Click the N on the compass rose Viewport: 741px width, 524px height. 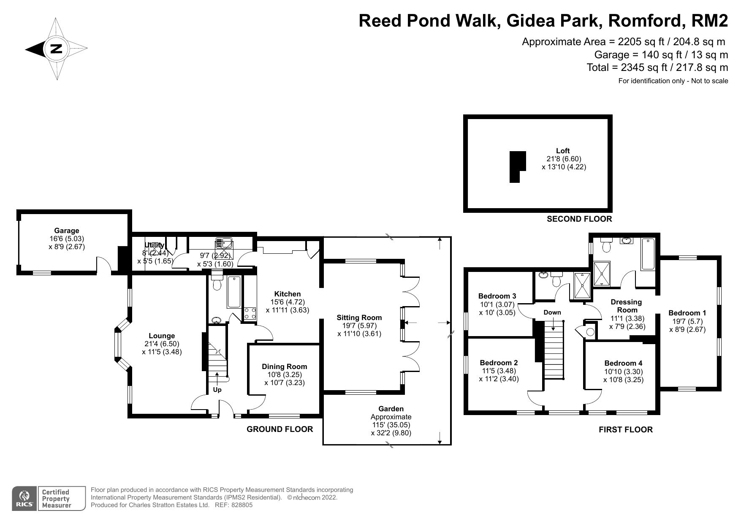click(x=56, y=49)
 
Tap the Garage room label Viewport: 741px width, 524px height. click(x=67, y=231)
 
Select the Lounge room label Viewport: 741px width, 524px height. click(x=162, y=336)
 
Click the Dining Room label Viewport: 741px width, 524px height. click(x=285, y=367)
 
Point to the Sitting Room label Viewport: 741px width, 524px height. click(x=359, y=318)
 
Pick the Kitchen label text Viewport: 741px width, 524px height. click(x=288, y=294)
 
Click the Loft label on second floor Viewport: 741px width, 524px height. click(x=563, y=151)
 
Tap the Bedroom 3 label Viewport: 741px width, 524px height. click(x=497, y=296)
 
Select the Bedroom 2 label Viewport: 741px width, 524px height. click(x=499, y=363)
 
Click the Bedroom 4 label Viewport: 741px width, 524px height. click(x=624, y=363)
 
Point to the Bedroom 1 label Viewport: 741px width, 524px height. click(x=687, y=313)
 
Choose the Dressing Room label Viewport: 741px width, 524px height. click(x=627, y=306)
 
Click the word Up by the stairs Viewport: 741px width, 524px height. click(x=217, y=390)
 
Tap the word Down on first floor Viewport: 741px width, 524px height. click(x=552, y=312)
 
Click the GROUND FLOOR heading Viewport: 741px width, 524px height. click(x=280, y=429)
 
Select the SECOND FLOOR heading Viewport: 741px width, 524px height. click(x=579, y=219)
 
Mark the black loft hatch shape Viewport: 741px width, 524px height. click(x=517, y=167)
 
